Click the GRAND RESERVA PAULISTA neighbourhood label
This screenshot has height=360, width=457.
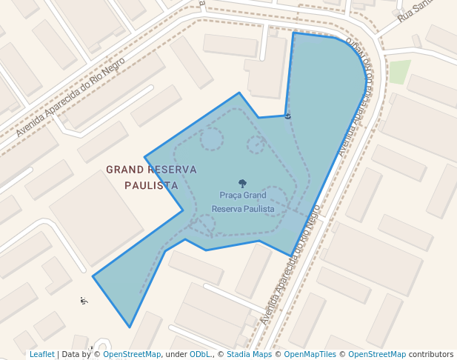tap(151, 177)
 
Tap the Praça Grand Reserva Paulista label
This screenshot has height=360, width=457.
tap(243, 201)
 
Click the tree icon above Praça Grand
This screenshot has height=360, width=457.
tap(242, 183)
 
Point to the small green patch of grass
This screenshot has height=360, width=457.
tap(399, 72)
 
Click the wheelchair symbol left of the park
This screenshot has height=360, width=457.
tap(84, 300)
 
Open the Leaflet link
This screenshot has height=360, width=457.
tap(41, 354)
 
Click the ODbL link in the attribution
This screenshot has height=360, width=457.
tap(200, 354)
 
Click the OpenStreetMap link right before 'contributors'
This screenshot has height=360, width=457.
tap(377, 354)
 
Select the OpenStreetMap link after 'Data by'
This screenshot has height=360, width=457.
tap(131, 354)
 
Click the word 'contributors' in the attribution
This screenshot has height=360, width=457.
tap(430, 354)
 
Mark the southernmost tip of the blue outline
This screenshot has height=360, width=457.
tap(130, 327)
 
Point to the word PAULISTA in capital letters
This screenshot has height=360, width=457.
tap(151, 185)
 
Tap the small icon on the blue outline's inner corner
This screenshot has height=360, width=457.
tap(287, 116)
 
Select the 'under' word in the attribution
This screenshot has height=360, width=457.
tap(175, 354)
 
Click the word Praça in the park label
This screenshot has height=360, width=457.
tap(231, 196)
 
